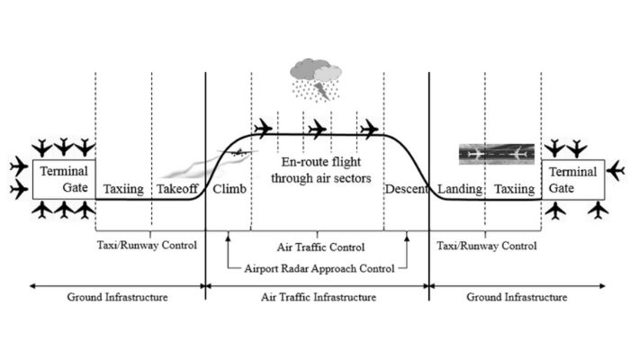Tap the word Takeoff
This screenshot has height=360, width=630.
[x=178, y=190]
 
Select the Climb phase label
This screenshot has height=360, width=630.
[x=229, y=190]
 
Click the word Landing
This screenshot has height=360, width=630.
[x=458, y=190]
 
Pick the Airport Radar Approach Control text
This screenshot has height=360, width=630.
[x=318, y=267]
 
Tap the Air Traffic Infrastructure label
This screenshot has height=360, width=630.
[x=317, y=296]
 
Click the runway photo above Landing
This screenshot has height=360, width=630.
[x=494, y=154]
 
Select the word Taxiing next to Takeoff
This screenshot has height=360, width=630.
[x=121, y=190]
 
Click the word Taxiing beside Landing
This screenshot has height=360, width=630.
[x=514, y=190]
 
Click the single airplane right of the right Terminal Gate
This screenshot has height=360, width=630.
[x=616, y=169]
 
